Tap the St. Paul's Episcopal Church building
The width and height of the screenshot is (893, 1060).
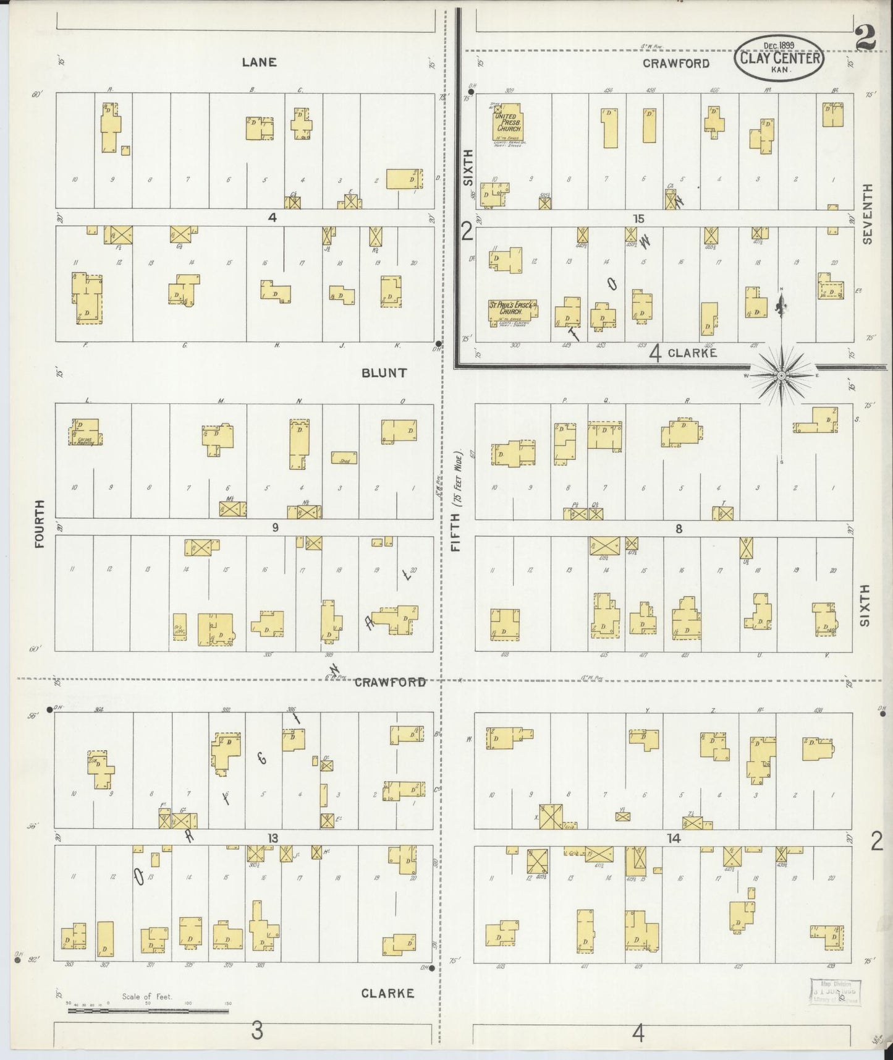point(512,312)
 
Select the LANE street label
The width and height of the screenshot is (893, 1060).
point(259,62)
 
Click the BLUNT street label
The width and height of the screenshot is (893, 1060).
point(384,373)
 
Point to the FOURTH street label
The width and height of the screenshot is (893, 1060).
point(40,524)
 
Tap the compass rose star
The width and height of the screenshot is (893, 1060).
point(781,375)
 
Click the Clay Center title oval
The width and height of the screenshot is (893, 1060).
point(779,57)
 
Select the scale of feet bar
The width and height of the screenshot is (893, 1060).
point(148,1012)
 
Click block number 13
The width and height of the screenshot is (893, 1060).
point(273,838)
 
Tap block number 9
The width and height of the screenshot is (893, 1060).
point(275,527)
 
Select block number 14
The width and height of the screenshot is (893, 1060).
point(673,838)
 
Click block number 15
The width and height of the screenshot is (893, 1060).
point(638,218)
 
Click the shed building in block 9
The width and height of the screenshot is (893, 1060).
point(344,458)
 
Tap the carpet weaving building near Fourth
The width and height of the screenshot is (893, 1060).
point(85,431)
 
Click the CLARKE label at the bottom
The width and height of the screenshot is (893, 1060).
point(387,993)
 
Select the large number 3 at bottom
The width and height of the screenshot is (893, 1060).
point(257,1032)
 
